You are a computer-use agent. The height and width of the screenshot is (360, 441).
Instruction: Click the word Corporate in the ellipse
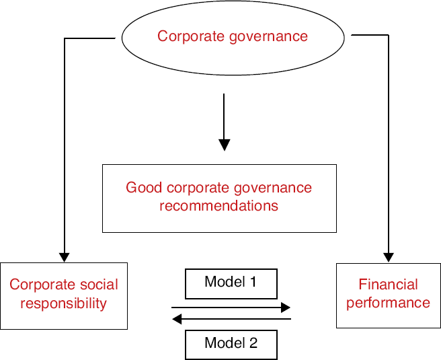pyautogui.click(x=191, y=36)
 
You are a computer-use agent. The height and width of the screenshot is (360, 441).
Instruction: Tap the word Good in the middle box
pyautogui.click(x=144, y=188)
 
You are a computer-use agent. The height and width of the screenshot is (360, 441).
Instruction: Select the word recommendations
pyautogui.click(x=218, y=206)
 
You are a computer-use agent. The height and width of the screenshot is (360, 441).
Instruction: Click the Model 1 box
pyautogui.click(x=231, y=284)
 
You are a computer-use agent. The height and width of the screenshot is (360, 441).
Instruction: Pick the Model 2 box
pyautogui.click(x=231, y=345)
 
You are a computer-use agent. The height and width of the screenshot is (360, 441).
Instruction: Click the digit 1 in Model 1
pyautogui.click(x=253, y=281)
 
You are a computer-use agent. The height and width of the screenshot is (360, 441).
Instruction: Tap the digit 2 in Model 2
pyautogui.click(x=253, y=343)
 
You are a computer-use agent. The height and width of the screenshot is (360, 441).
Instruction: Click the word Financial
pyautogui.click(x=388, y=284)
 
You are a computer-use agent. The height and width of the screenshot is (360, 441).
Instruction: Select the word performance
pyautogui.click(x=388, y=303)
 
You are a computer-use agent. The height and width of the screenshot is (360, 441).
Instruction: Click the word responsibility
pyautogui.click(x=64, y=304)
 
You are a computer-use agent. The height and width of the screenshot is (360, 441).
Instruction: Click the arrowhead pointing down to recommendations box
pyautogui.click(x=224, y=145)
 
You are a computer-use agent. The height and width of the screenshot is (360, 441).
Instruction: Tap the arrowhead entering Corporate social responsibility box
pyautogui.click(x=65, y=258)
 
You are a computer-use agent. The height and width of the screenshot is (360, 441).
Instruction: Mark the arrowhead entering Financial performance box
pyautogui.click(x=389, y=258)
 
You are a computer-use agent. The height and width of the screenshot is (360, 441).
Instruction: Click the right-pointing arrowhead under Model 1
pyautogui.click(x=286, y=308)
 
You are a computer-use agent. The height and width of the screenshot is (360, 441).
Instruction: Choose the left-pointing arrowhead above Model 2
pyautogui.click(x=177, y=319)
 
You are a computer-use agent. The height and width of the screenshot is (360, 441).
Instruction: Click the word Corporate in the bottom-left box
pyautogui.click(x=42, y=285)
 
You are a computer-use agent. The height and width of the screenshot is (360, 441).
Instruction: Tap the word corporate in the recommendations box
pyautogui.click(x=198, y=188)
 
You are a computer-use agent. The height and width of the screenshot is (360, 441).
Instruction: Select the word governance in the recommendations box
pyautogui.click(x=273, y=188)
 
